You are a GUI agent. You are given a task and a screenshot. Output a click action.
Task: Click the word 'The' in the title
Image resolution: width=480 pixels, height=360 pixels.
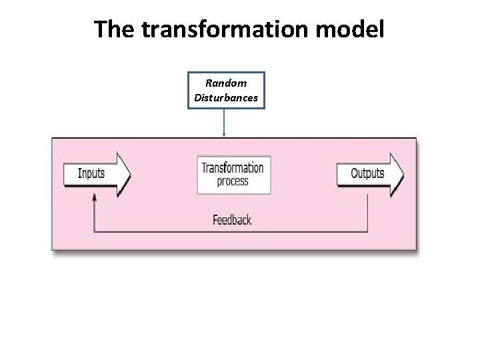click(x=115, y=29)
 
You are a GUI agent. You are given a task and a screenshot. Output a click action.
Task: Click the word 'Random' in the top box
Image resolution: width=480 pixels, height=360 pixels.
click(x=226, y=83)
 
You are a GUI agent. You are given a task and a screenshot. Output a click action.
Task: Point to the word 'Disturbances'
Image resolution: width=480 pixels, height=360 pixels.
click(x=226, y=98)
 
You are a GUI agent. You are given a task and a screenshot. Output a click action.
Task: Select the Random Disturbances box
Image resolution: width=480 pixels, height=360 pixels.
click(x=226, y=91)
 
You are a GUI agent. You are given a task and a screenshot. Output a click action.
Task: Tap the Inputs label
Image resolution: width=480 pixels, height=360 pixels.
click(x=91, y=173)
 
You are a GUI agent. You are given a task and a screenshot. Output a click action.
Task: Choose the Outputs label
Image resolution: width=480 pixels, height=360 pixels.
click(x=367, y=173)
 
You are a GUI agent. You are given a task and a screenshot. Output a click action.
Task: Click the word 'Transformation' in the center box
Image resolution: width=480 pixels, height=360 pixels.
click(x=233, y=168)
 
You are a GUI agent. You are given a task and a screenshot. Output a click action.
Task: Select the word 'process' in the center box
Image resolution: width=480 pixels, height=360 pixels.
click(x=233, y=181)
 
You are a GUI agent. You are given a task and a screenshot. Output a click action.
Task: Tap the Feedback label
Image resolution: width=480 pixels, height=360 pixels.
click(x=232, y=219)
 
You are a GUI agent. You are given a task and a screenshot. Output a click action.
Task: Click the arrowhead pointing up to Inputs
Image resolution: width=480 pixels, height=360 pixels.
click(x=95, y=198)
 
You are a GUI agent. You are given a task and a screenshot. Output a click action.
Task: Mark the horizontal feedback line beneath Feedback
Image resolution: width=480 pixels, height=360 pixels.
click(x=231, y=231)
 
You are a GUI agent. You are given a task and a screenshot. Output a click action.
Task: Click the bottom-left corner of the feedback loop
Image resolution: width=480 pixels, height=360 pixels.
click(x=95, y=231)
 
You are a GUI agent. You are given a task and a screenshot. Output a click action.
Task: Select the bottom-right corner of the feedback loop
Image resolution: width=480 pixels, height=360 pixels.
click(x=367, y=231)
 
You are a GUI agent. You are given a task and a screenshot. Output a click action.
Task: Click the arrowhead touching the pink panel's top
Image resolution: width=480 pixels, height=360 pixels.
click(x=224, y=135)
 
